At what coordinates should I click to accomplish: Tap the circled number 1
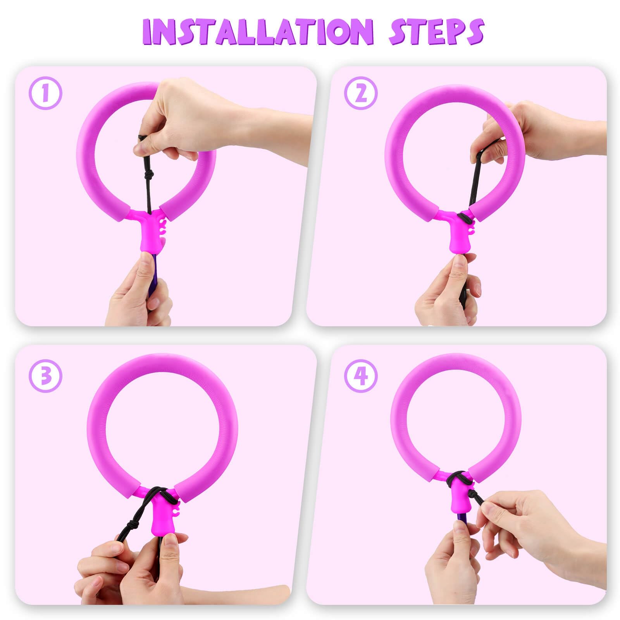[46, 93]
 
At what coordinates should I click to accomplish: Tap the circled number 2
[361, 93]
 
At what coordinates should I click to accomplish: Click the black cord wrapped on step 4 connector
[457, 479]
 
